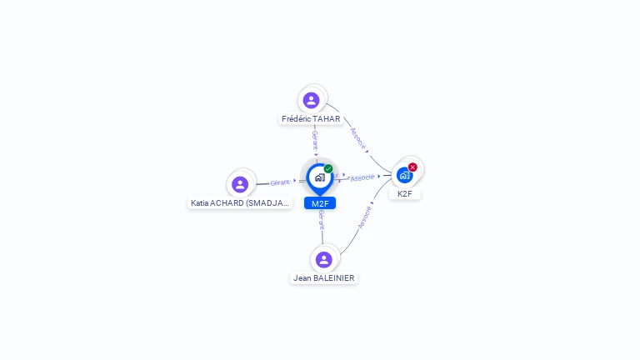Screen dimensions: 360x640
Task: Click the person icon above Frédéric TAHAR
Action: click(312, 100)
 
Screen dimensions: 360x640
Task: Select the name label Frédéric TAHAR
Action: click(311, 119)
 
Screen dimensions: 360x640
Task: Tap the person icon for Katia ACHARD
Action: click(240, 184)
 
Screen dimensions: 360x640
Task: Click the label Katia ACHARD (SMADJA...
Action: click(240, 202)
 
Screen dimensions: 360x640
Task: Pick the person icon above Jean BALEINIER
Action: click(324, 259)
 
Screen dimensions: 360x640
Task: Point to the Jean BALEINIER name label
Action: click(324, 277)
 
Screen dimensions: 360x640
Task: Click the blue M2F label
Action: click(320, 203)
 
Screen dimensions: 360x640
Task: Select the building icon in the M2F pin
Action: click(320, 177)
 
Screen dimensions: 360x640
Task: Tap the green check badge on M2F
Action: click(328, 169)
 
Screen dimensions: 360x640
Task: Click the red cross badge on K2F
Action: click(412, 167)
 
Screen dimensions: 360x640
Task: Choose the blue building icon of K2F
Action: click(404, 175)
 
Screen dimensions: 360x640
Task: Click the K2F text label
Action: click(405, 193)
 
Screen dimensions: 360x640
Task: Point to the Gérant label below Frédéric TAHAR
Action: click(315, 139)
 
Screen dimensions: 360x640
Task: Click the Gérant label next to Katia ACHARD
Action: click(281, 182)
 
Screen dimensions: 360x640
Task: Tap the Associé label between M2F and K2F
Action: click(362, 177)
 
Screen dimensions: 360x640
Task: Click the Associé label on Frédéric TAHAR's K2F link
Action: click(358, 137)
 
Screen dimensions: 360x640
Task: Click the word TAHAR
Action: click(327, 119)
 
